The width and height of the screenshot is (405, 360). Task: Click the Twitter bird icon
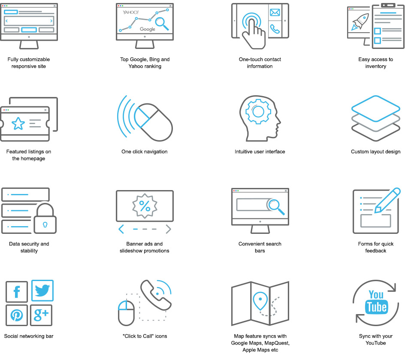click(42, 290)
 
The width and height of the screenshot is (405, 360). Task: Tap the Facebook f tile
click(17, 292)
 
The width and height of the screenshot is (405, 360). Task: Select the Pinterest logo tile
click(17, 315)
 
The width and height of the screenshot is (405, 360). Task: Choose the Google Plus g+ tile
click(41, 315)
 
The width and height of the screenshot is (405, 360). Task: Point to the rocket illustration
click(360, 22)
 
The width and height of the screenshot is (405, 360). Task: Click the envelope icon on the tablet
click(275, 12)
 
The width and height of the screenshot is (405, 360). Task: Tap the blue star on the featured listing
click(18, 124)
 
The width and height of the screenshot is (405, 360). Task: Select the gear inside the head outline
click(258, 111)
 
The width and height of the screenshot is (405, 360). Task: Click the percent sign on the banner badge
click(145, 206)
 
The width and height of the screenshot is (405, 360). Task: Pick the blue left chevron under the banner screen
click(121, 229)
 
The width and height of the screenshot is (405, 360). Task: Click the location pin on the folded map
click(260, 301)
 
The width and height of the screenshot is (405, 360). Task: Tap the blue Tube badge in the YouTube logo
click(376, 307)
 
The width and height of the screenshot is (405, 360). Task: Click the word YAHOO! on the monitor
click(131, 12)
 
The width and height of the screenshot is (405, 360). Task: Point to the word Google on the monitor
click(148, 29)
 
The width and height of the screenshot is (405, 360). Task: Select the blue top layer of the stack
click(375, 109)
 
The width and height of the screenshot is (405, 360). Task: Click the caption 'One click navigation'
click(145, 151)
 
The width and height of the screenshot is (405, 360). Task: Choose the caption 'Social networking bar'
click(29, 336)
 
